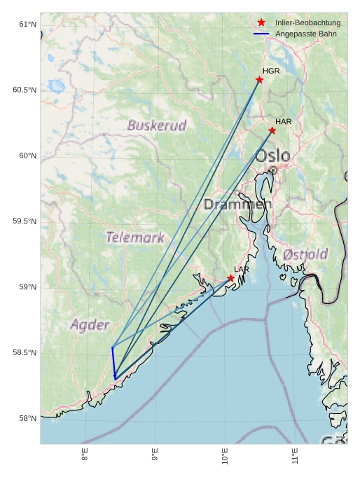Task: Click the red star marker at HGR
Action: [x=260, y=80]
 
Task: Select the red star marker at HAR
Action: [x=272, y=130]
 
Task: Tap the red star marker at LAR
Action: [x=230, y=278]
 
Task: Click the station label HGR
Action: [x=271, y=71]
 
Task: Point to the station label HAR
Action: [x=283, y=121]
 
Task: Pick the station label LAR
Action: [x=242, y=269]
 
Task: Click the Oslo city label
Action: [x=272, y=155]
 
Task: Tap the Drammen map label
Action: [x=237, y=205]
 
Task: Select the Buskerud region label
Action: [x=157, y=126]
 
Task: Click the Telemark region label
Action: [x=135, y=237]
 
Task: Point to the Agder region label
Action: [x=90, y=325]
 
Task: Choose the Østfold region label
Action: [x=305, y=254]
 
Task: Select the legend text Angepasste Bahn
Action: [x=305, y=34]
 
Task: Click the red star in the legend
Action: [x=261, y=22]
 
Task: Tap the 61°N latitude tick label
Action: [x=27, y=25]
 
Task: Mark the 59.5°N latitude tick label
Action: [x=25, y=221]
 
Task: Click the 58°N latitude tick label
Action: [x=27, y=418]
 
